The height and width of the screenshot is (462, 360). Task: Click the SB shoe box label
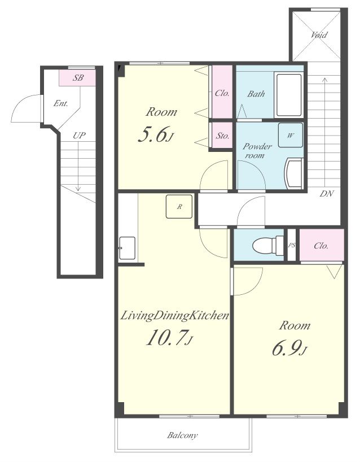[78, 78]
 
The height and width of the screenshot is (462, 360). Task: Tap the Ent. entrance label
[61, 103]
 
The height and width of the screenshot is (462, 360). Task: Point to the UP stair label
[79, 136]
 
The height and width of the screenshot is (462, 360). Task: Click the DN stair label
[327, 194]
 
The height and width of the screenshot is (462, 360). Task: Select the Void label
[319, 35]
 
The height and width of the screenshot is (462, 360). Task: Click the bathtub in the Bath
[289, 94]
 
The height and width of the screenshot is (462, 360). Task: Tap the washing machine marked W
[291, 135]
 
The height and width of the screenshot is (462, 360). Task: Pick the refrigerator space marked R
[179, 207]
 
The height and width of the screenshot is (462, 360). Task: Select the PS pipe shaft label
[291, 245]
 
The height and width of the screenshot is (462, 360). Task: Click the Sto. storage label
[222, 136]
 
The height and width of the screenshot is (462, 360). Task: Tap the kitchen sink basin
[127, 248]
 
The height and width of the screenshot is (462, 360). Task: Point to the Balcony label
[182, 435]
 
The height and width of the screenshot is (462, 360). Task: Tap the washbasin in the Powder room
[295, 173]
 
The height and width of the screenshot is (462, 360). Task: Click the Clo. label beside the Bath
[222, 93]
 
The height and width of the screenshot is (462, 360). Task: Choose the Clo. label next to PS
[321, 246]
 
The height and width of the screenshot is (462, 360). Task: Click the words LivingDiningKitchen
[175, 316]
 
